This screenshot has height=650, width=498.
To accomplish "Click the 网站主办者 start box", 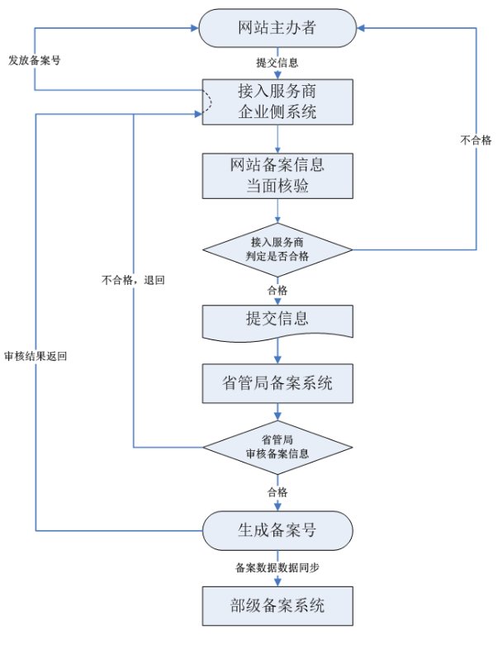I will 277,31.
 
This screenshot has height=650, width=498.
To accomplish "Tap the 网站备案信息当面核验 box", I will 277,174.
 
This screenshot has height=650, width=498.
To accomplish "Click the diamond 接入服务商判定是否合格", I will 277,249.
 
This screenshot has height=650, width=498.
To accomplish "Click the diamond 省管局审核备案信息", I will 277,447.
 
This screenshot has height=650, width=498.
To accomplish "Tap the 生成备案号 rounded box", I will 277,529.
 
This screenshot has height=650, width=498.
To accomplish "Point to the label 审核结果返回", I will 36,356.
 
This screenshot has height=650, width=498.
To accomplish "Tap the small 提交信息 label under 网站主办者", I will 277,63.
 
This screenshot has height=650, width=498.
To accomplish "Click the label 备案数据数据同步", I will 277,567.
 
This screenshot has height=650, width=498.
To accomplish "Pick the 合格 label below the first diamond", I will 277,290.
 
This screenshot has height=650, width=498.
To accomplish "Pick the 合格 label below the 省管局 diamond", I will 277,491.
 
